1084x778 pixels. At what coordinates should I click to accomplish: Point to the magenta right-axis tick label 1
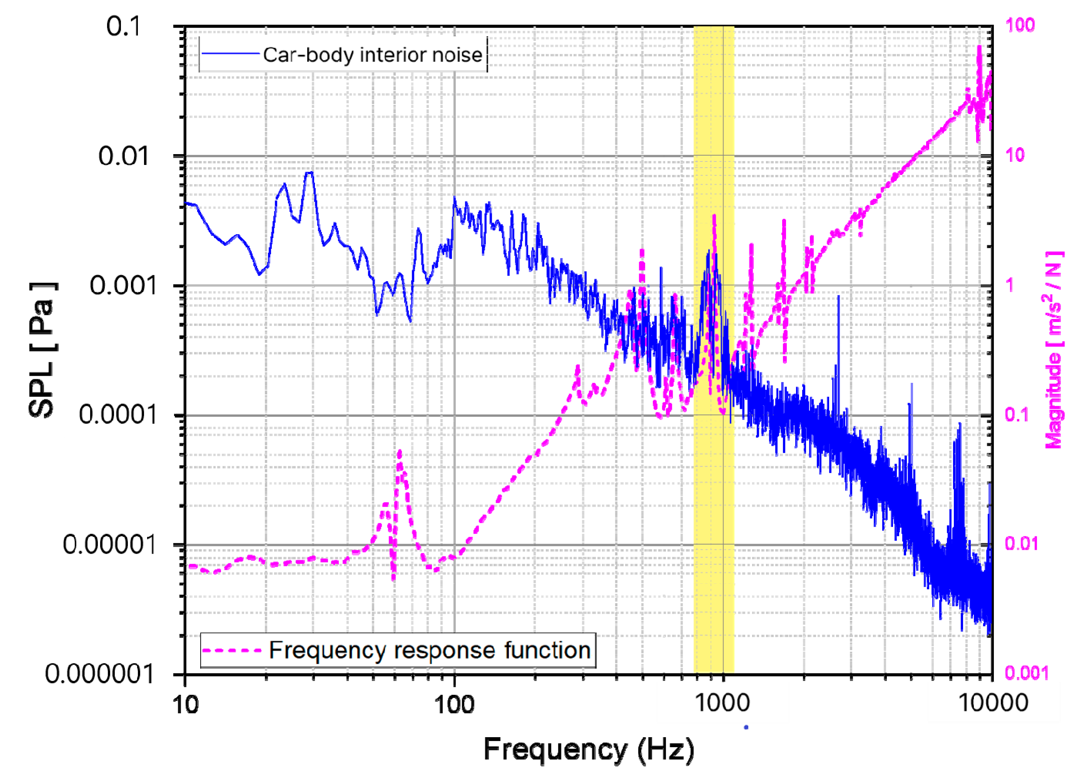(x=1009, y=286)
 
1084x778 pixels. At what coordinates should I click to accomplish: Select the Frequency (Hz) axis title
(x=588, y=749)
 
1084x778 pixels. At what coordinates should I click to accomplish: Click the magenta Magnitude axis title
(x=1054, y=350)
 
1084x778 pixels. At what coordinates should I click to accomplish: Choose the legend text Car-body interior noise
(x=372, y=55)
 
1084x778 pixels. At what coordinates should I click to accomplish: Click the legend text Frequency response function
(x=430, y=650)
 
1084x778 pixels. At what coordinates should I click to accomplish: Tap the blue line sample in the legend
(x=230, y=54)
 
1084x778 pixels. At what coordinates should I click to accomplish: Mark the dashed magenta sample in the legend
(x=232, y=651)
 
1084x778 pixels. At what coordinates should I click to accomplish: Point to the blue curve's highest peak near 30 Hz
(x=310, y=173)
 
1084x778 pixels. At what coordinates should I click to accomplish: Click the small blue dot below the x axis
(x=746, y=727)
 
